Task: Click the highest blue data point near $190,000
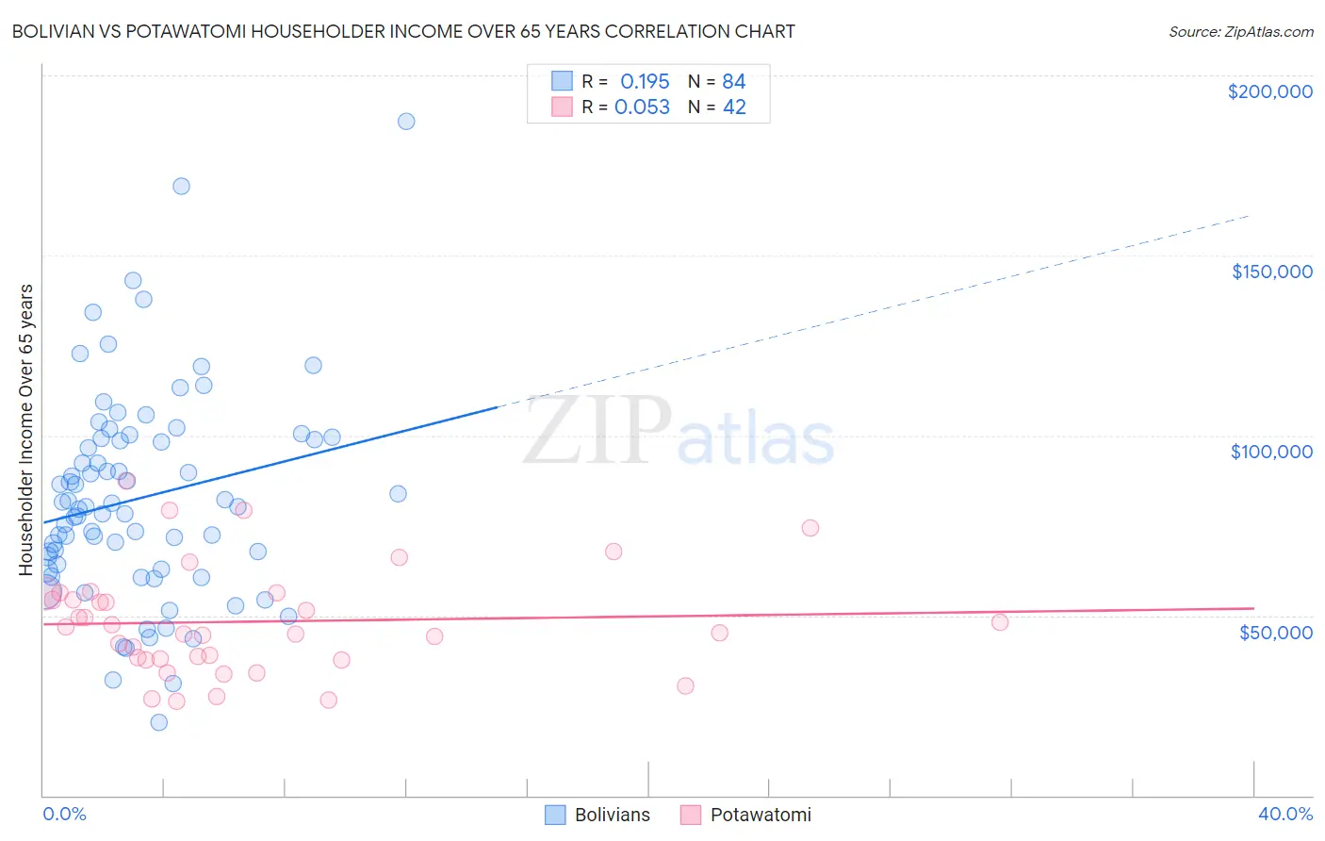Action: [x=406, y=122]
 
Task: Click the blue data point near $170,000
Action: [x=181, y=187]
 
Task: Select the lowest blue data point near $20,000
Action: [x=159, y=722]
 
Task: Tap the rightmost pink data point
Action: [x=1000, y=622]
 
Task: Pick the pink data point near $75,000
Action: [x=810, y=528]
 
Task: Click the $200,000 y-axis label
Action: [x=1269, y=91]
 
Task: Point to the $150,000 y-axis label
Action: [x=1271, y=272]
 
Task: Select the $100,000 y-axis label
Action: [x=1271, y=452]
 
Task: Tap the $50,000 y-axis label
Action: [x=1275, y=632]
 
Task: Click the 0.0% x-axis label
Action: [x=64, y=814]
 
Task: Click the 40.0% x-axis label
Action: [x=1284, y=814]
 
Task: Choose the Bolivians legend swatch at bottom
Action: [x=556, y=815]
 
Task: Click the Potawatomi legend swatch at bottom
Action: [x=691, y=815]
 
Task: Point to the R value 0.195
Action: [x=645, y=81]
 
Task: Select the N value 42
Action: [x=734, y=107]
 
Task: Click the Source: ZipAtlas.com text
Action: [x=1240, y=31]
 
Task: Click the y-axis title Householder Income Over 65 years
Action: [x=26, y=429]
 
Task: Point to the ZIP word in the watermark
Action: [x=596, y=432]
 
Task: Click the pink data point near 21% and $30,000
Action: [x=685, y=685]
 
